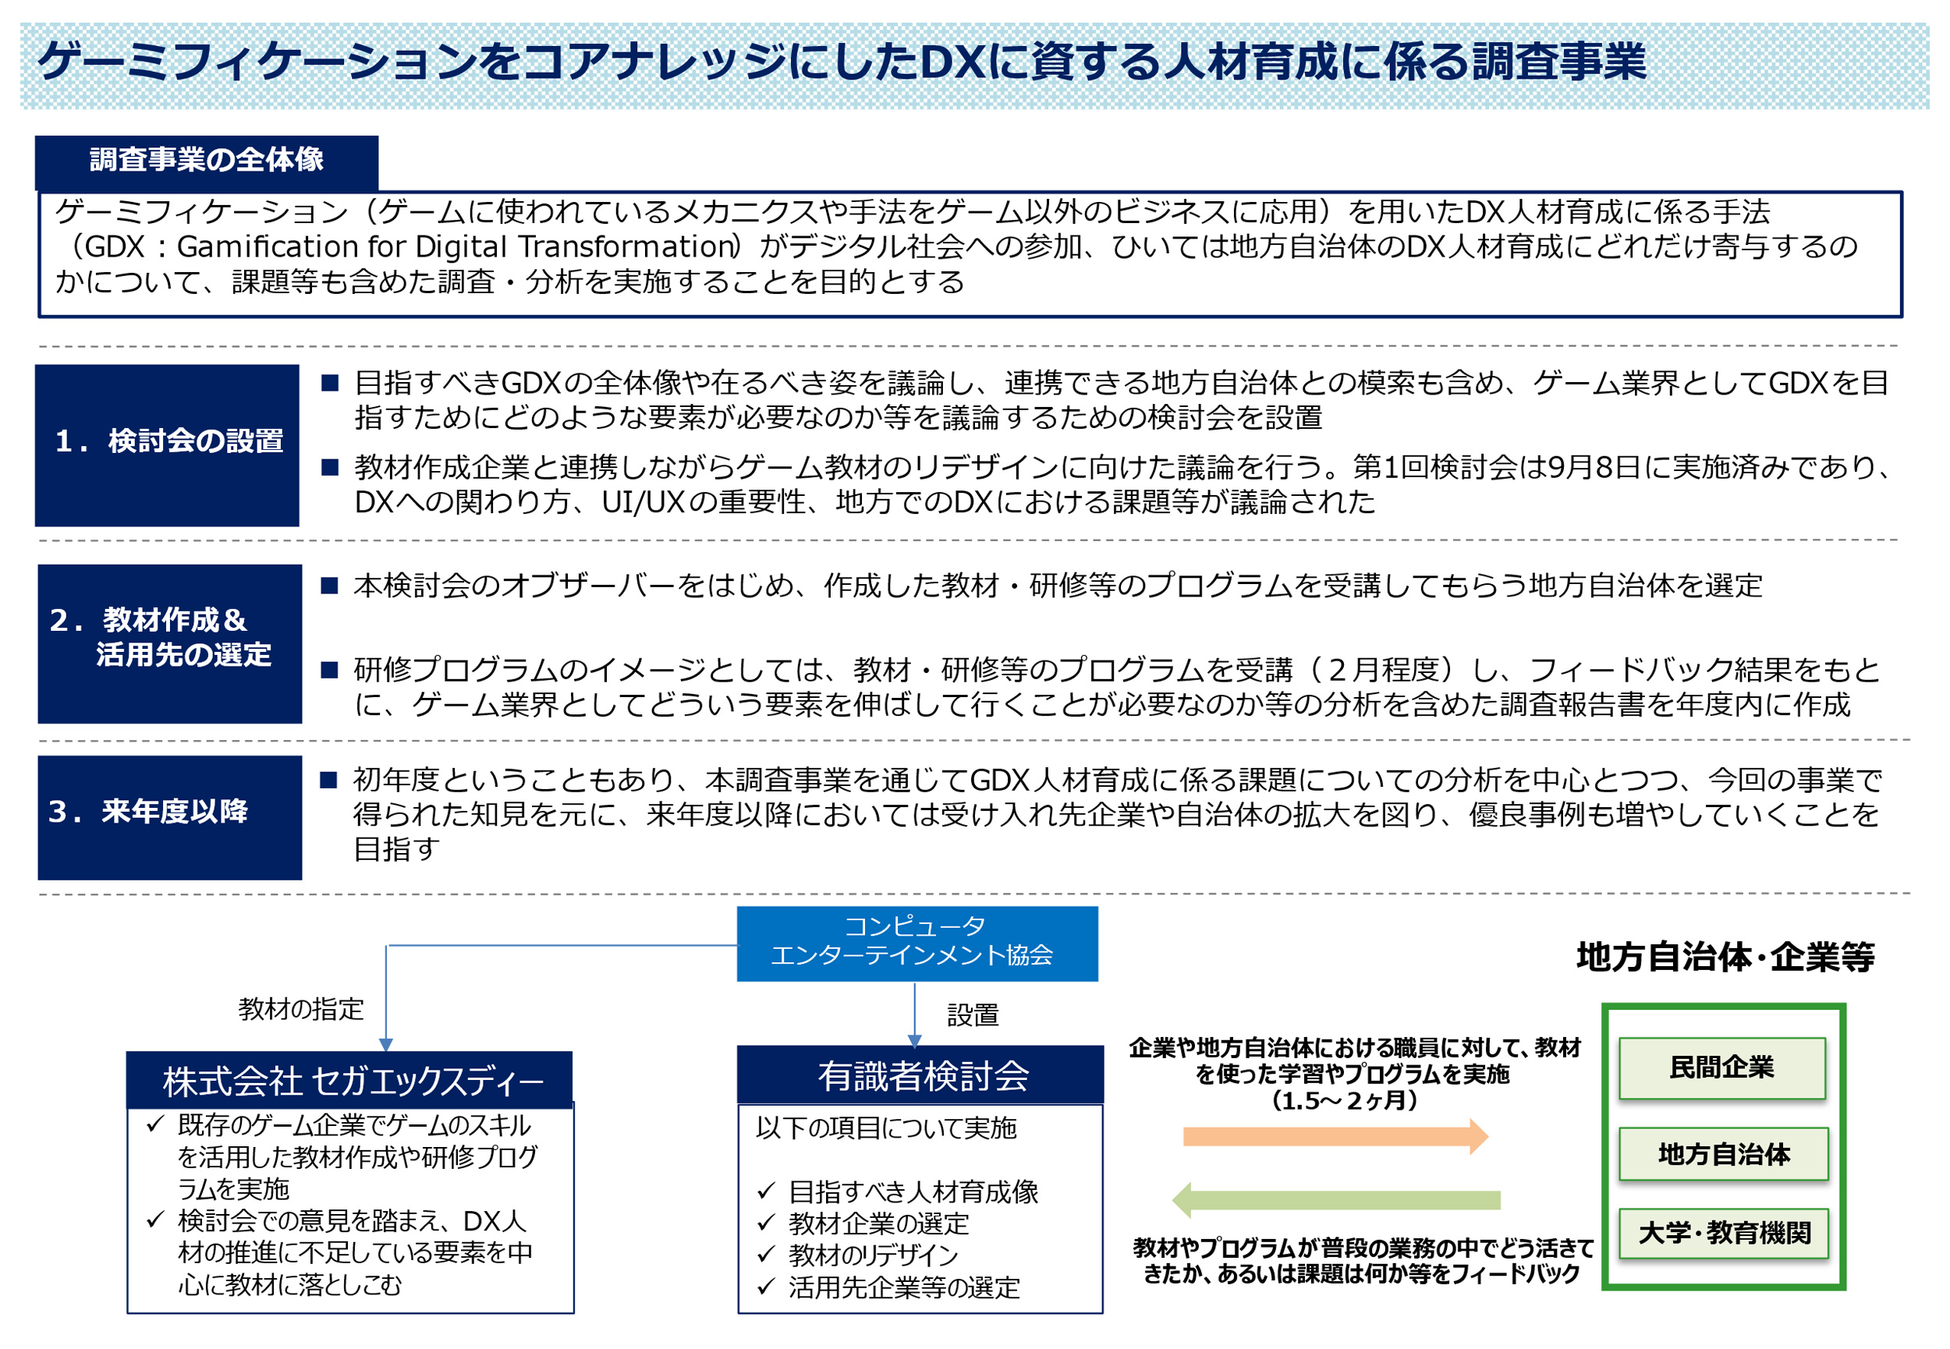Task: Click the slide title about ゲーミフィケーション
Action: (841, 62)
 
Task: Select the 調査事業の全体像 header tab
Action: (206, 161)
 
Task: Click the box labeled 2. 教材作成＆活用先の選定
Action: (169, 643)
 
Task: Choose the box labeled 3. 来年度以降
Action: (169, 817)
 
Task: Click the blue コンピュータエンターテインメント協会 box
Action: (917, 944)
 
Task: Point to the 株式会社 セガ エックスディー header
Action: (349, 1079)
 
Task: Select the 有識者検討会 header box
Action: (920, 1075)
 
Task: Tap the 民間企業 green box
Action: (1721, 1068)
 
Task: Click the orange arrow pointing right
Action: (1335, 1136)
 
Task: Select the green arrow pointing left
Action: (1335, 1200)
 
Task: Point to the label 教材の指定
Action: (301, 1008)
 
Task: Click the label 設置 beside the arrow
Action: (973, 1014)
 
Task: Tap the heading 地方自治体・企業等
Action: (1725, 957)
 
